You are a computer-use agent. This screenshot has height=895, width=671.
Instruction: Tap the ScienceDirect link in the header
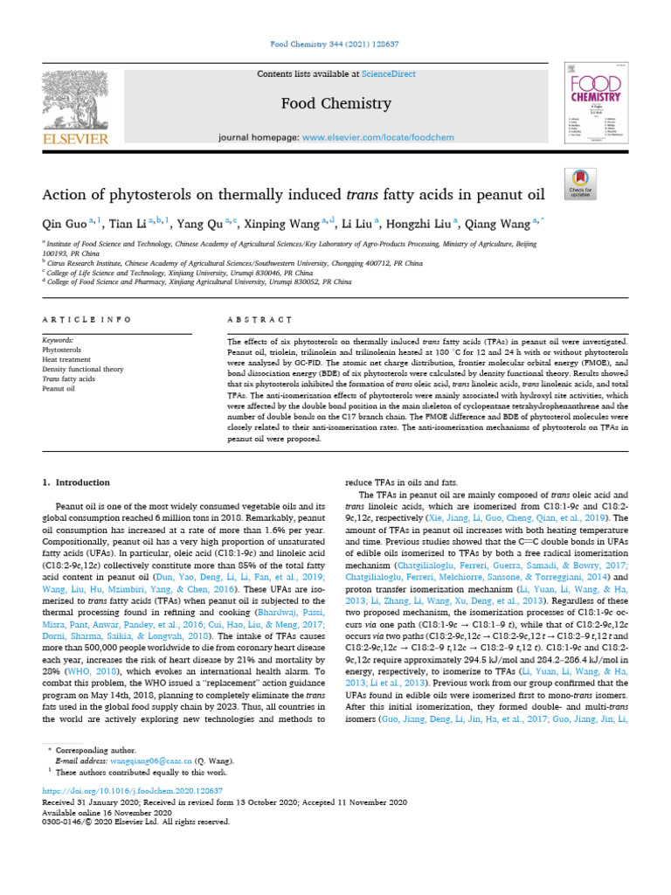[x=389, y=74]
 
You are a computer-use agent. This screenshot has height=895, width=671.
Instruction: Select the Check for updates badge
[x=580, y=182]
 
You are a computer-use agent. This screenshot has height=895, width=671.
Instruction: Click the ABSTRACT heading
[x=252, y=322]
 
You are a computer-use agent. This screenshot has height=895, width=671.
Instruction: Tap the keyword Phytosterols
[x=61, y=348]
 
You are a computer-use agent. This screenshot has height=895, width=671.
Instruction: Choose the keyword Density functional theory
[x=83, y=369]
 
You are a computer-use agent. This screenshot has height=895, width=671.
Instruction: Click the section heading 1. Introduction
[x=76, y=482]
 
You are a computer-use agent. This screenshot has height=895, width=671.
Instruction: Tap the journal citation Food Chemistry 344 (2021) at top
[x=335, y=44]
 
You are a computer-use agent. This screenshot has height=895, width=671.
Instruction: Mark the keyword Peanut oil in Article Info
[x=58, y=389]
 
